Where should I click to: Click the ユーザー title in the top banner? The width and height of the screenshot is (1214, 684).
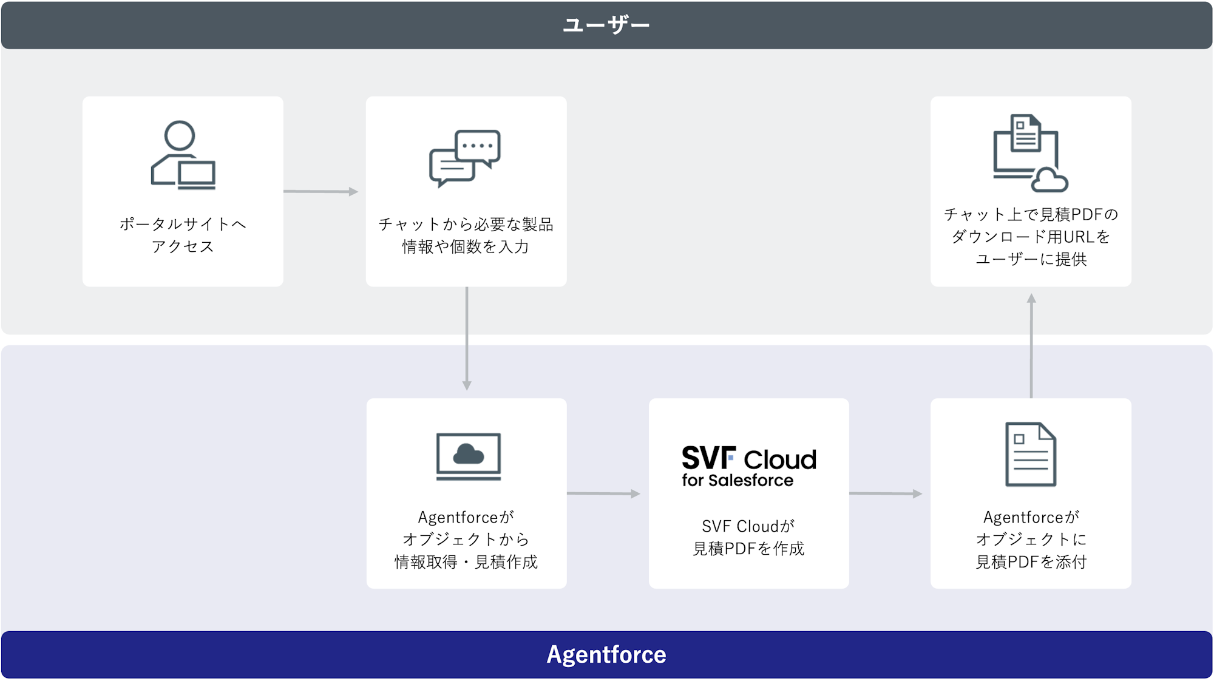click(606, 25)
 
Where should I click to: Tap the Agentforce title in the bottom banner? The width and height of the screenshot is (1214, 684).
click(606, 654)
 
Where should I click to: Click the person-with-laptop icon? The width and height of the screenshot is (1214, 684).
click(183, 155)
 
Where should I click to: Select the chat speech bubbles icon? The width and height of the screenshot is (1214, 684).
click(465, 158)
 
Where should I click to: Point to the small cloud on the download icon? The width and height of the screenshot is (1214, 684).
click(1050, 180)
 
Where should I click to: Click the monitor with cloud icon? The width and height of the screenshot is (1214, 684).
click(469, 456)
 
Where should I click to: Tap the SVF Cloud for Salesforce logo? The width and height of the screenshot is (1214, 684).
click(749, 466)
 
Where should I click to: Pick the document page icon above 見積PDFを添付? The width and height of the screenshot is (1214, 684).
click(1031, 454)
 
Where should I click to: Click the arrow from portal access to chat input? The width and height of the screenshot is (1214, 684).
click(321, 192)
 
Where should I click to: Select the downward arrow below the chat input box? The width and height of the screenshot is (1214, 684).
click(467, 339)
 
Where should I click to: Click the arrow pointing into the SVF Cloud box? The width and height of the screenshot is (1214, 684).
click(604, 493)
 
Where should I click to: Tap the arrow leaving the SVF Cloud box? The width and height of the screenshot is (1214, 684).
click(886, 493)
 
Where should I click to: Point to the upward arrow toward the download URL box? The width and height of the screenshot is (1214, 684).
click(1031, 346)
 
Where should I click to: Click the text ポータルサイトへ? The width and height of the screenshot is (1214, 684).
click(183, 224)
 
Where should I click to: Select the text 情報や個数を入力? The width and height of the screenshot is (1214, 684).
click(466, 246)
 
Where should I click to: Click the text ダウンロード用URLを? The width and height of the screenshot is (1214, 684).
click(1031, 237)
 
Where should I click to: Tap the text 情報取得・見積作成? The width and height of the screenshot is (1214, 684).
click(466, 562)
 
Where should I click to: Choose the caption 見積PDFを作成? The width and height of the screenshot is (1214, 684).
click(748, 549)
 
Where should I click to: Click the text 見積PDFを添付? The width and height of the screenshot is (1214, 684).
click(1031, 562)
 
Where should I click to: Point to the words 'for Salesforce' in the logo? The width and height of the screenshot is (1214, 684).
click(738, 480)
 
